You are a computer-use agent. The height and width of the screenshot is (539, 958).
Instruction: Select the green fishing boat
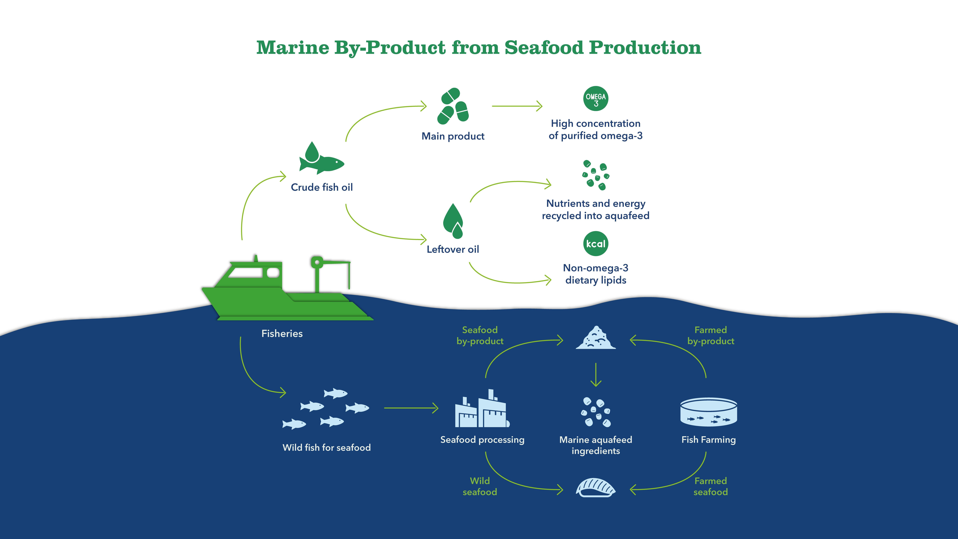coord(286,294)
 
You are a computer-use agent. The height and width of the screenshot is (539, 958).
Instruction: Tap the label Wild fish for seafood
coord(327,447)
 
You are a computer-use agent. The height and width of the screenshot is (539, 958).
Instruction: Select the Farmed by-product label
coord(710,335)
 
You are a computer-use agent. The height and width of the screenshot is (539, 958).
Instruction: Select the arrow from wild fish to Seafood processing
coord(411,408)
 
